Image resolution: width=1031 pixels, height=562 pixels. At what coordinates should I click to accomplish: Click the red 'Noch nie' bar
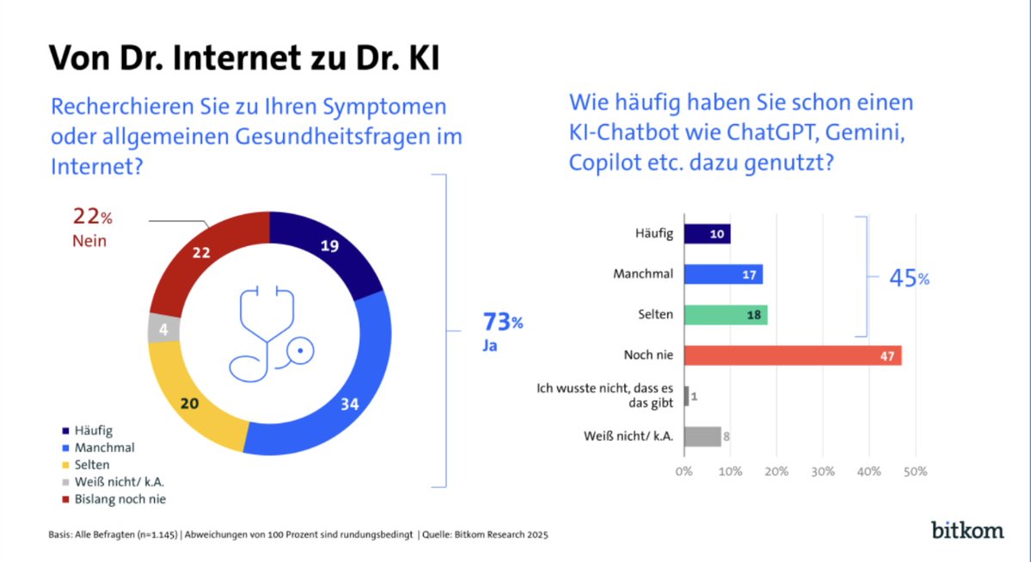pos(792,355)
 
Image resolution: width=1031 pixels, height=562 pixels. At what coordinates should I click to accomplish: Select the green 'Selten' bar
pos(726,315)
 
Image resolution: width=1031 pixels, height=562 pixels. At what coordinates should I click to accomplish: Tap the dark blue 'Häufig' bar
pos(707,234)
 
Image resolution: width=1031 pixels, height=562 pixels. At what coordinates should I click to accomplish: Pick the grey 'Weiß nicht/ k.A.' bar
pos(703,436)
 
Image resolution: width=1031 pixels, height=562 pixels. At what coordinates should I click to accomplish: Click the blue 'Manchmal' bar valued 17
pos(723,275)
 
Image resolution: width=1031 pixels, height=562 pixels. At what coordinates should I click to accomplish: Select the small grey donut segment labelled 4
pos(162,328)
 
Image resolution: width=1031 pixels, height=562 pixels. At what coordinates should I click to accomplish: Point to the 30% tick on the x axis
pos(822,472)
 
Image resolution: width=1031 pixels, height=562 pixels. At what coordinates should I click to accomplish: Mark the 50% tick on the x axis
pos(915,472)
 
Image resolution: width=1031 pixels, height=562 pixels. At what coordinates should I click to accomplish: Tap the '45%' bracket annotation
pos(909,279)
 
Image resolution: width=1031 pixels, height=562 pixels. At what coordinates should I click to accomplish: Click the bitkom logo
pos(967,529)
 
